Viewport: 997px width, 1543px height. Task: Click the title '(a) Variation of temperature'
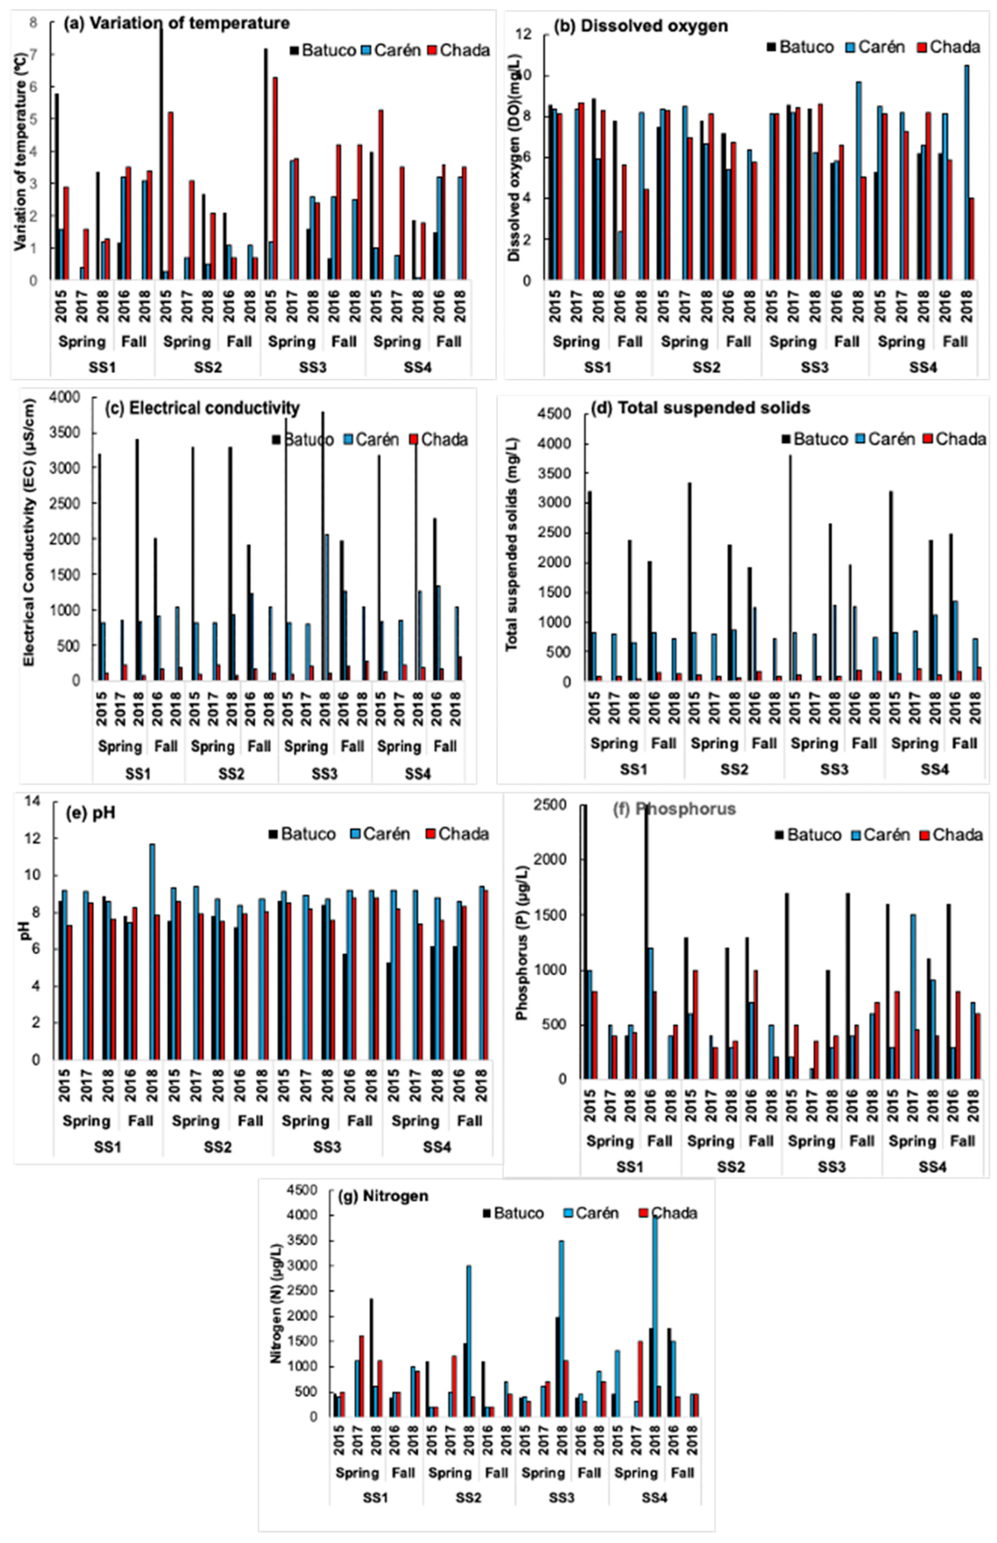(x=176, y=23)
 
